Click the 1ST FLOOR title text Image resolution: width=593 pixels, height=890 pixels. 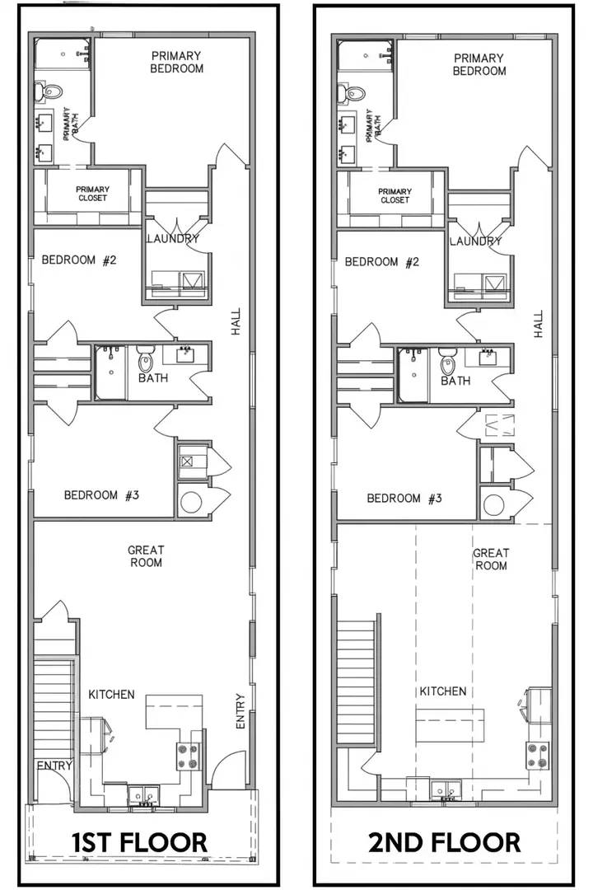point(139,841)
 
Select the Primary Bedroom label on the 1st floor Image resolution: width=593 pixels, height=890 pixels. point(176,62)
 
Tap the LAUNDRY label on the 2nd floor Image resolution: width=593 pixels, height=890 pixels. point(475,241)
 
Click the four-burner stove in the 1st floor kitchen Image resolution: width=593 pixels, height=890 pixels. point(189,756)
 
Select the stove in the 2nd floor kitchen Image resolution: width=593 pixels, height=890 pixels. point(538,755)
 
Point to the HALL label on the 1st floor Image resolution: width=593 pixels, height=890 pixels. point(236,322)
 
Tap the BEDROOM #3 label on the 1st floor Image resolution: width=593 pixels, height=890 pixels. point(101,495)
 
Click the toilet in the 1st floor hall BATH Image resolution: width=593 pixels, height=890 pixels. point(146,358)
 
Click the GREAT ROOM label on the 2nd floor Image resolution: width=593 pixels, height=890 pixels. point(491,560)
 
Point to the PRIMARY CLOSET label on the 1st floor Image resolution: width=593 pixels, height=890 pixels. point(93,194)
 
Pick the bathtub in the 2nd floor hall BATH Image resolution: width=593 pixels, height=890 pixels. point(413,375)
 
